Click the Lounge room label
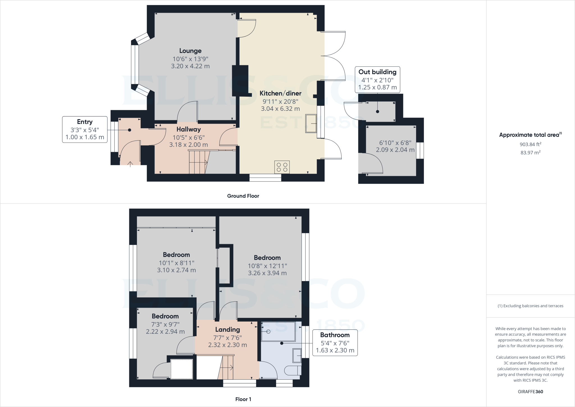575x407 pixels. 190,51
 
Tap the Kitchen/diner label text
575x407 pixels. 280,93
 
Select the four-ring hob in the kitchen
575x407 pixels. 282,167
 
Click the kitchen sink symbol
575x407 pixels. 311,123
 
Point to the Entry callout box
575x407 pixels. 85,129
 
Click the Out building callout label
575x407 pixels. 377,72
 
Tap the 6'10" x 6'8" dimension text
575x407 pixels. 395,143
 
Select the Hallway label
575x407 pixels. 188,129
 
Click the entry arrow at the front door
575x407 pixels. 130,164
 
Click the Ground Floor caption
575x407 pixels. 243,196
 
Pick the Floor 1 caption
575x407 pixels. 243,399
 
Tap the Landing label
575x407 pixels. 227,329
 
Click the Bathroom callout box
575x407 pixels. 335,342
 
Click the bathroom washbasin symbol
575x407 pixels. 297,355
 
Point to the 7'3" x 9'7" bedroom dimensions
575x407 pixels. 165,324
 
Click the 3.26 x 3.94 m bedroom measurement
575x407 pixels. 267,273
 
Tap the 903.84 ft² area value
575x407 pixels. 530,144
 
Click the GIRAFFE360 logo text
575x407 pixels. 530,392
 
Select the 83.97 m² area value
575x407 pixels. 530,153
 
